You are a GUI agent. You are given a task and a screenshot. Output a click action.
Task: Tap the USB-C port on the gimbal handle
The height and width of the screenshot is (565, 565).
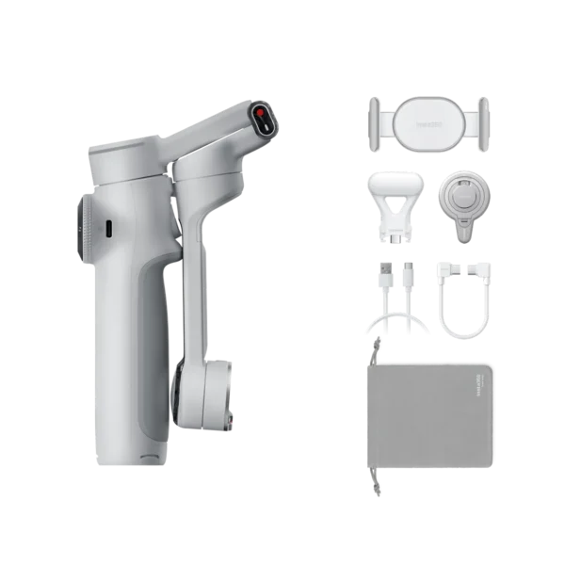click(108, 228)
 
